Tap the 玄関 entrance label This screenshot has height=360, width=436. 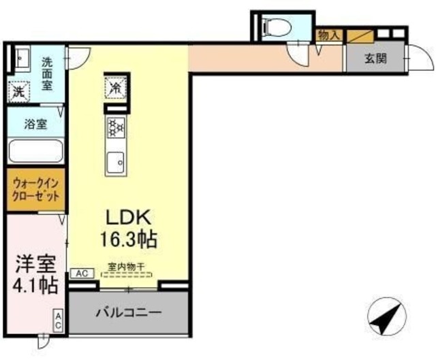pyautogui.click(x=374, y=59)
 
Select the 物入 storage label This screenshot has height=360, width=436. pyautogui.click(x=327, y=34)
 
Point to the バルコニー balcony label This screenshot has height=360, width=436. pyautogui.click(x=128, y=314)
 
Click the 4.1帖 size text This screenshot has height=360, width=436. pyautogui.click(x=33, y=286)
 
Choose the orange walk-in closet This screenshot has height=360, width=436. pyautogui.click(x=36, y=190)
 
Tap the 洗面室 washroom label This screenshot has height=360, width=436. pyautogui.click(x=47, y=72)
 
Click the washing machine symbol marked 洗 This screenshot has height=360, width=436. pyautogui.click(x=18, y=90)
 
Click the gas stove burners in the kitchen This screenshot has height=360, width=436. pyautogui.click(x=114, y=127)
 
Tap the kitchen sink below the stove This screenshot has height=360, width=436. pyautogui.click(x=115, y=161)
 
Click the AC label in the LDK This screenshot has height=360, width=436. pyautogui.click(x=80, y=274)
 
